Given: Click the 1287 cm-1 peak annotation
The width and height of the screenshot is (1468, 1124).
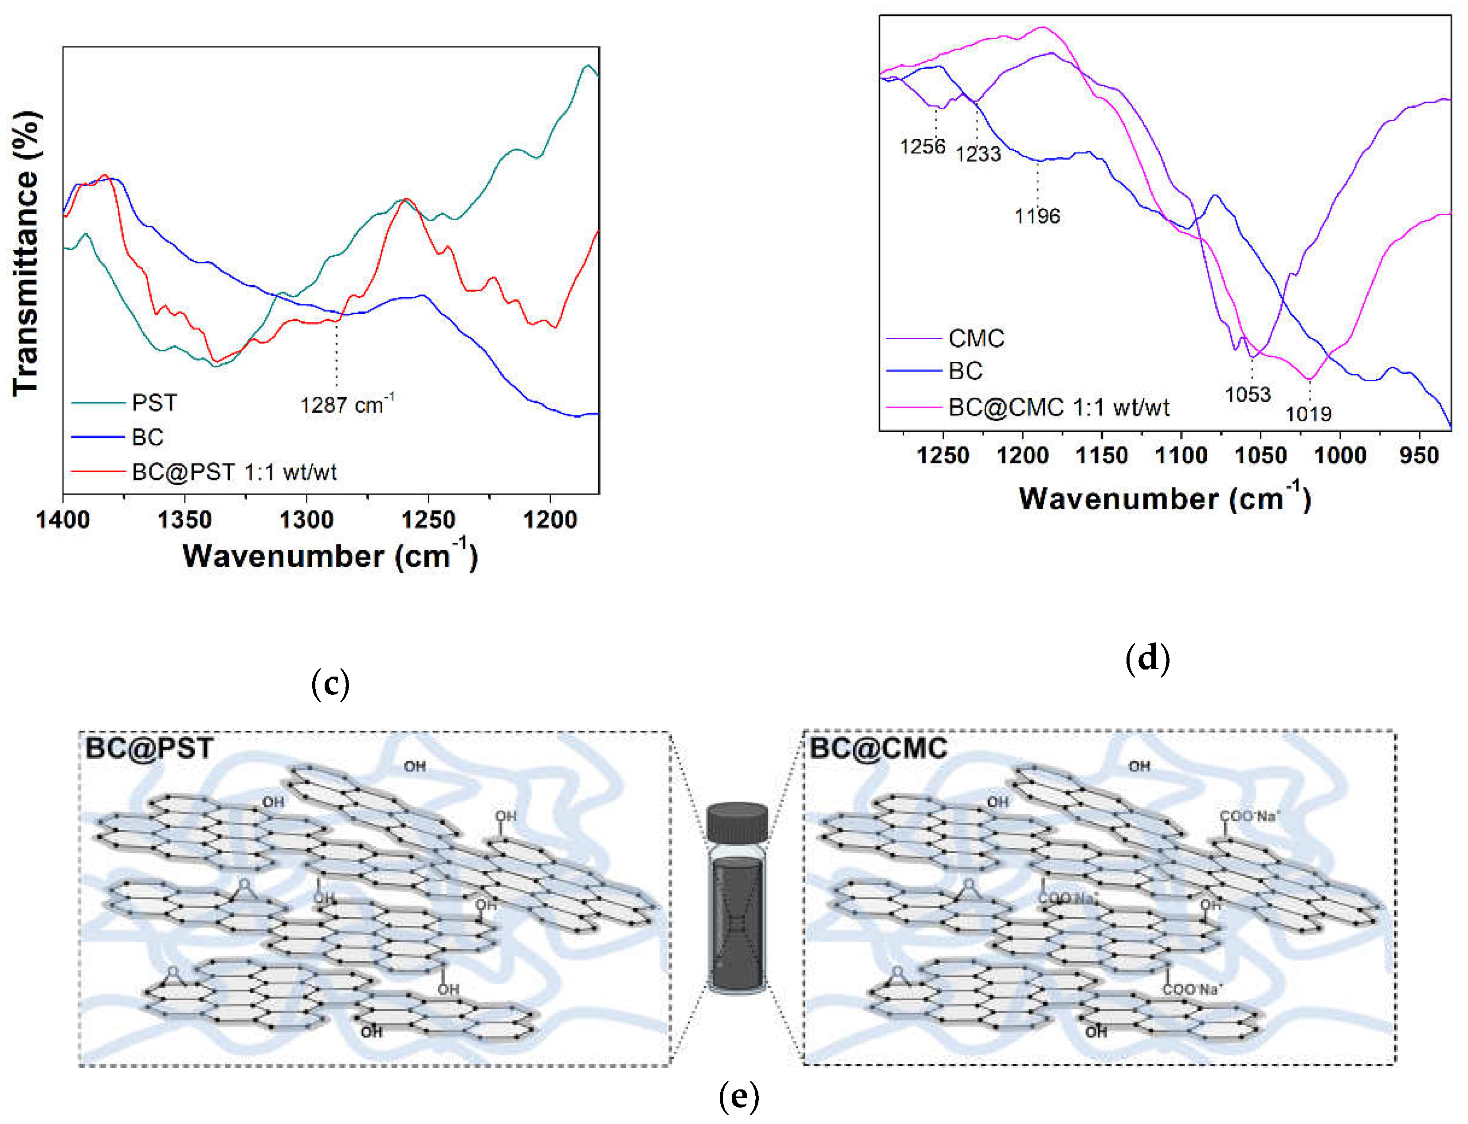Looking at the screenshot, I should pos(346,405).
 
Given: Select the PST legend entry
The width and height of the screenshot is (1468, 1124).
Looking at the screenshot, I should pos(154,403).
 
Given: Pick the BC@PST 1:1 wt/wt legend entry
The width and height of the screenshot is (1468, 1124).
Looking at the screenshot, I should pos(234,472).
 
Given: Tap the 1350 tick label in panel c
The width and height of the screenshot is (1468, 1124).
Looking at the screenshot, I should pos(184,520).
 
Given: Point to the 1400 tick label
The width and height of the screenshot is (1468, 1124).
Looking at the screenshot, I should pos(63,520).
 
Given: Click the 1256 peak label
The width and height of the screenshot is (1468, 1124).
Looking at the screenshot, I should pos(922,146).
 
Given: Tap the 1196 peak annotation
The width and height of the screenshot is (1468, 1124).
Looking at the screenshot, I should pos(1037,216).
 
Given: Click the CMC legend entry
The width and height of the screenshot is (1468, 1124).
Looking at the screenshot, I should pos(976,339).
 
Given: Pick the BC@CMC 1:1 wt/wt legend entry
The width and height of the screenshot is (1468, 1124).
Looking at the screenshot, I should pos(1059,407).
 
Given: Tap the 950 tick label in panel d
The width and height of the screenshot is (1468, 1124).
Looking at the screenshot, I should pos(1418,456).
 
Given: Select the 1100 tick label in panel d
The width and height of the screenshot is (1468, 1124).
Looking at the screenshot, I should pos(1181,456).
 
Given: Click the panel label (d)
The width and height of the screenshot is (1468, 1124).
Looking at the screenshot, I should pos(1147,658).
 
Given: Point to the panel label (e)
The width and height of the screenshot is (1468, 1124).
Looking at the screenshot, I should pos(739,1097).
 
